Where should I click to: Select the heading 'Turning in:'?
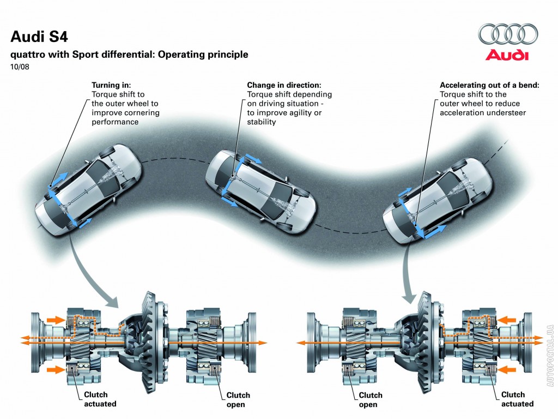111,86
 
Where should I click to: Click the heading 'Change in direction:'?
284,86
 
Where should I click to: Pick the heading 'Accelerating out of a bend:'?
489,86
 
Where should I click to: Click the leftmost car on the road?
88,188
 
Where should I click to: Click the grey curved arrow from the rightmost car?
408,273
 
